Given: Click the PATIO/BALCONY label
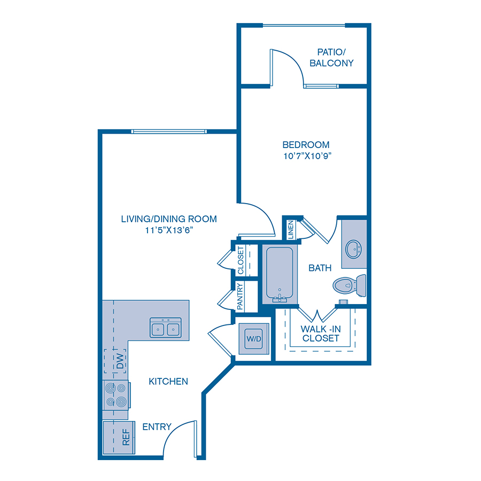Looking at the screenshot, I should point(335,58).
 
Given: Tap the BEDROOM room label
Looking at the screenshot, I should point(306,145).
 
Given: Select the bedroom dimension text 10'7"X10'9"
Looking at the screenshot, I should point(306,157).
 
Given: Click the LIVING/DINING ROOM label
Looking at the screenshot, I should point(169,219).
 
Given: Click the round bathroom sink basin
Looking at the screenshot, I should point(353,249).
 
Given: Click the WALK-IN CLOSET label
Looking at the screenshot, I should point(321,333).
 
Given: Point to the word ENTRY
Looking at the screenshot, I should point(157,426).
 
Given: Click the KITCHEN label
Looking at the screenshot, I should point(168,381).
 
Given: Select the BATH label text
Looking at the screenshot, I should point(320,268).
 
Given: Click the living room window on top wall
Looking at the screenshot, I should point(169,131).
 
